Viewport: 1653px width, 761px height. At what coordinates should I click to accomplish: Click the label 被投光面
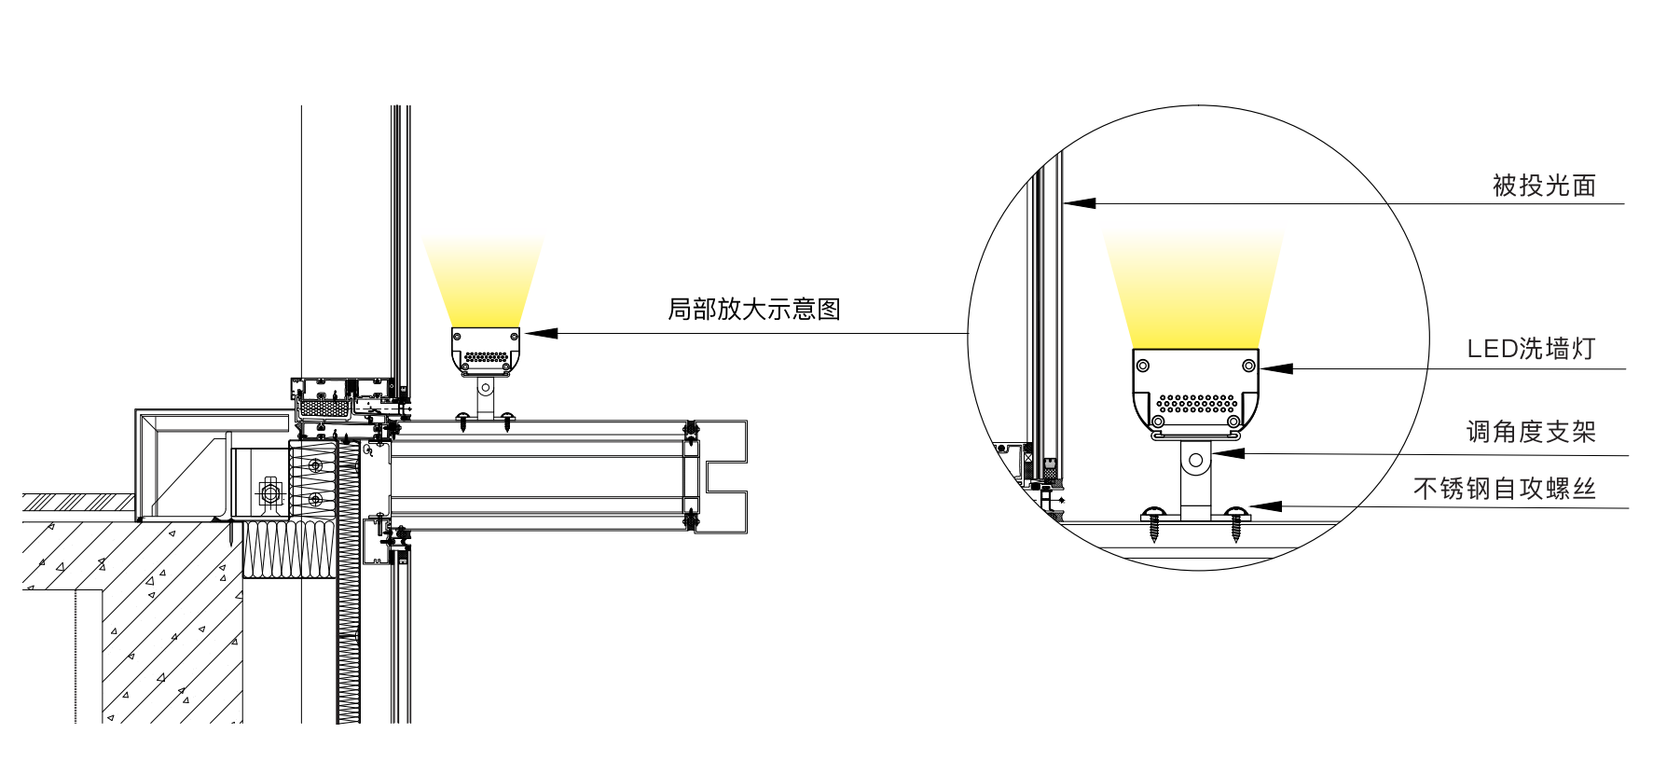pyautogui.click(x=1544, y=186)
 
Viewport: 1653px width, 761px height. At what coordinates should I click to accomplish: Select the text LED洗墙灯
pyautogui.click(x=1531, y=349)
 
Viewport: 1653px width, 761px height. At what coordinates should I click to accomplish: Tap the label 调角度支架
pyautogui.click(x=1531, y=432)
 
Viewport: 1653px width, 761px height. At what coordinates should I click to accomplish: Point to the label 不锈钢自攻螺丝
pyautogui.click(x=1505, y=489)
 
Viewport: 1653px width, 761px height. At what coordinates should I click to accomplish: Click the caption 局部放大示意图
pyautogui.click(x=754, y=310)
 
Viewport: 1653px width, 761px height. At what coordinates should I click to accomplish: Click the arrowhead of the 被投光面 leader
pyautogui.click(x=1080, y=202)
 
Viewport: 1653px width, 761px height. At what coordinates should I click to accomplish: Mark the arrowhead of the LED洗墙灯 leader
pyautogui.click(x=1276, y=368)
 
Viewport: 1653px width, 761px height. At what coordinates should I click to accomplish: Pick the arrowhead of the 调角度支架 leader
pyautogui.click(x=1229, y=453)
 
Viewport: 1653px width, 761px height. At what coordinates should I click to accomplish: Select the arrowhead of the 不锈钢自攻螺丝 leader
pyautogui.click(x=1265, y=506)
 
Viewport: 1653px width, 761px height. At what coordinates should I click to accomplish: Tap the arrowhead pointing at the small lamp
pyautogui.click(x=541, y=333)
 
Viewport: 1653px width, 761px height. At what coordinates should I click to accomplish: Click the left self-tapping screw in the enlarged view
pyautogui.click(x=1154, y=524)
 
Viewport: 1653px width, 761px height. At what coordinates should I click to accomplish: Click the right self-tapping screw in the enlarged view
pyautogui.click(x=1236, y=524)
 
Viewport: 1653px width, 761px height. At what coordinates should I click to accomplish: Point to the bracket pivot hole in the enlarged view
pyautogui.click(x=1196, y=461)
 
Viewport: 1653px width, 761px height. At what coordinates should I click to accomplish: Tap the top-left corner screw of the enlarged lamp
pyautogui.click(x=1144, y=365)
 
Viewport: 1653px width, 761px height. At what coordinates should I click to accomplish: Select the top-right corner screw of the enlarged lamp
pyautogui.click(x=1248, y=365)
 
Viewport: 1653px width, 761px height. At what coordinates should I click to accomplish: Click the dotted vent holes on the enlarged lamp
pyautogui.click(x=1198, y=404)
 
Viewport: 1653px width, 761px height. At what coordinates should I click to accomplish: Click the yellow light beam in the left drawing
pyautogui.click(x=483, y=280)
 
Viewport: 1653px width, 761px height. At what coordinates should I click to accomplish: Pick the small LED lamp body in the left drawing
pyautogui.click(x=485, y=350)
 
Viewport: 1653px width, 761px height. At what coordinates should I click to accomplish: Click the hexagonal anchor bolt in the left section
pyautogui.click(x=270, y=491)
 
